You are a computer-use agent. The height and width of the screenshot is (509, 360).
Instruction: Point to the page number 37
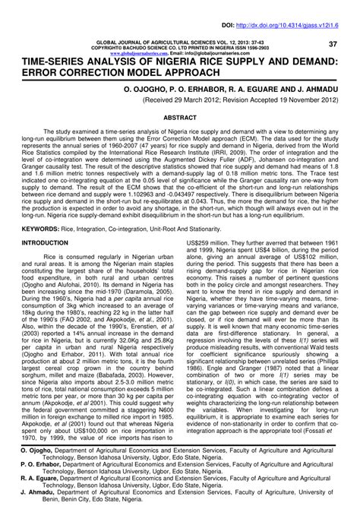(x=332, y=44)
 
